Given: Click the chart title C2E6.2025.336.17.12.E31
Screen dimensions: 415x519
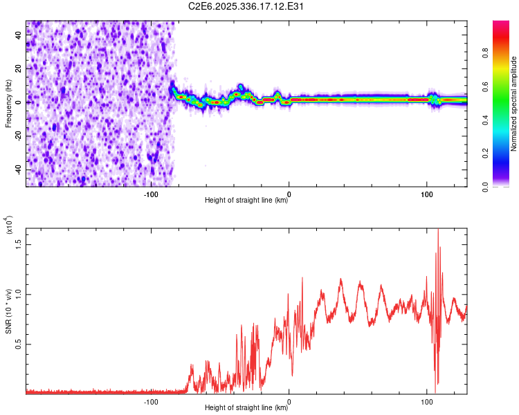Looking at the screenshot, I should pyautogui.click(x=247, y=6).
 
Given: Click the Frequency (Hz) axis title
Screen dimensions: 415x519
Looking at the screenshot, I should pyautogui.click(x=8, y=104).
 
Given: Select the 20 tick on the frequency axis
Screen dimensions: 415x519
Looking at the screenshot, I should pyautogui.click(x=19, y=69).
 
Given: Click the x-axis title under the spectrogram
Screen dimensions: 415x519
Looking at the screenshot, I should pyautogui.click(x=247, y=201).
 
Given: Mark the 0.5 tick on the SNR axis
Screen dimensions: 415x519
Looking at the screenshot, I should pyautogui.click(x=18, y=344).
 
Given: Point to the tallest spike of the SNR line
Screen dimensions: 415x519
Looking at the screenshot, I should pyautogui.click(x=438, y=230).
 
